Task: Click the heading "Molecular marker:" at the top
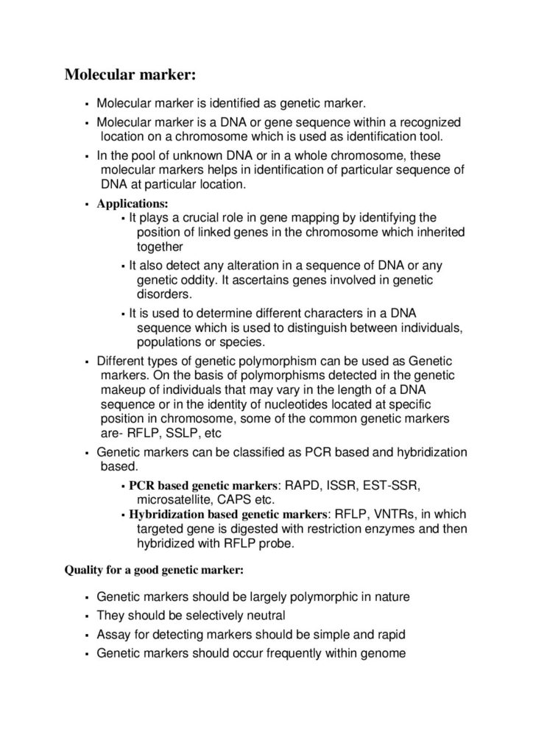coord(130,75)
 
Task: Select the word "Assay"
coord(112,633)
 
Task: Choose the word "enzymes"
coord(375,529)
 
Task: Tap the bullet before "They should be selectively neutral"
coord(87,616)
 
